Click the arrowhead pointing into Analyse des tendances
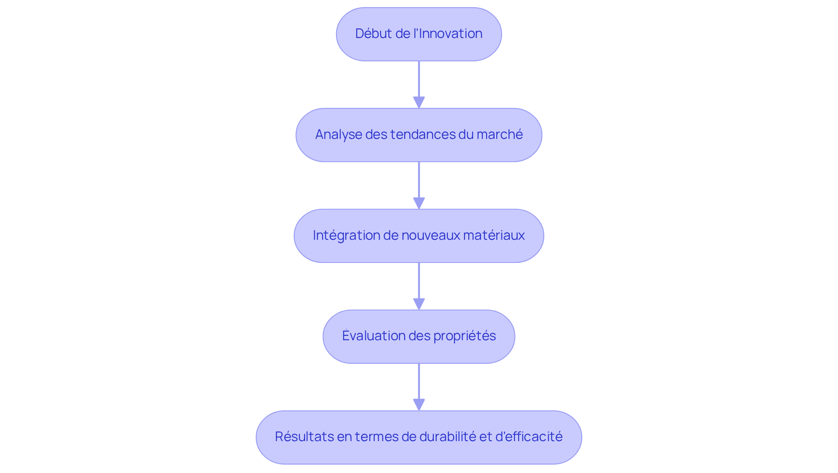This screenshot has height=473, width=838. click(419, 102)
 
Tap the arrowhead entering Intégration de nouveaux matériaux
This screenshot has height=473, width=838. click(419, 203)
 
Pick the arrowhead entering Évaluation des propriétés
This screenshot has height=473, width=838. click(419, 304)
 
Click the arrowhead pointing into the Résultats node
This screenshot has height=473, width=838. click(419, 404)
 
